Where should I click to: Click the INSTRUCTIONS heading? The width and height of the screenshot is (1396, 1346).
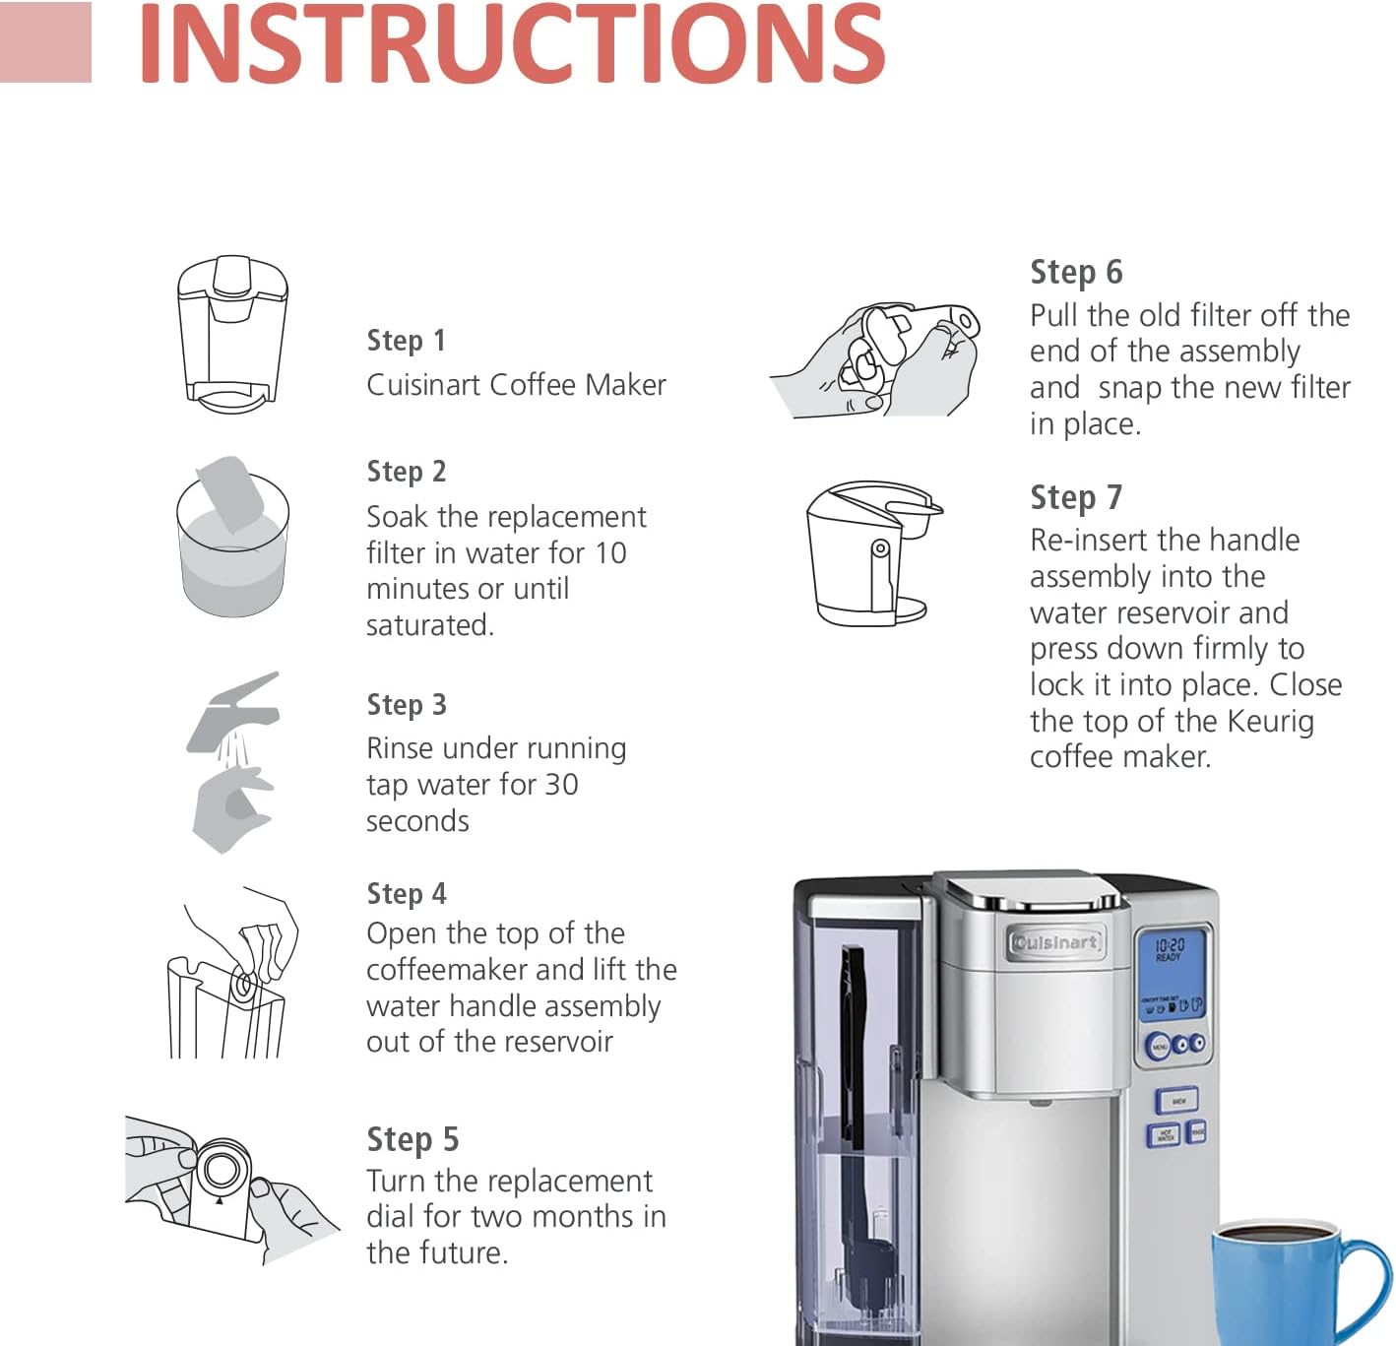tap(511, 44)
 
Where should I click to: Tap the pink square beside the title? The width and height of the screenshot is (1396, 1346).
tap(45, 42)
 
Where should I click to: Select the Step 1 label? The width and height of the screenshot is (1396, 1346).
tap(406, 341)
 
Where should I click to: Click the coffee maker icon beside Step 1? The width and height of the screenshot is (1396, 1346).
tap(232, 334)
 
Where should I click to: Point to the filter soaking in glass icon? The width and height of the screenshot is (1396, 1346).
tap(232, 538)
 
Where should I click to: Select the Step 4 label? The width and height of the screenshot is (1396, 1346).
tap(406, 894)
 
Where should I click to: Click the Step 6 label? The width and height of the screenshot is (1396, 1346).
tap(1075, 273)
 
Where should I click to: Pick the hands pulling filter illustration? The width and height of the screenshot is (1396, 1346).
tap(876, 359)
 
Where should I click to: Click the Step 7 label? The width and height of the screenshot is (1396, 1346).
tap(1075, 498)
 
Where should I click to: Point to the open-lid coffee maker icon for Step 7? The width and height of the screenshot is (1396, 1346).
tap(871, 552)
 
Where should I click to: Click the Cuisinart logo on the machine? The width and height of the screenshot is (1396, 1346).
tap(1054, 942)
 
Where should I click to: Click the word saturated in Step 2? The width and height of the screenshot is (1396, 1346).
tap(429, 625)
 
